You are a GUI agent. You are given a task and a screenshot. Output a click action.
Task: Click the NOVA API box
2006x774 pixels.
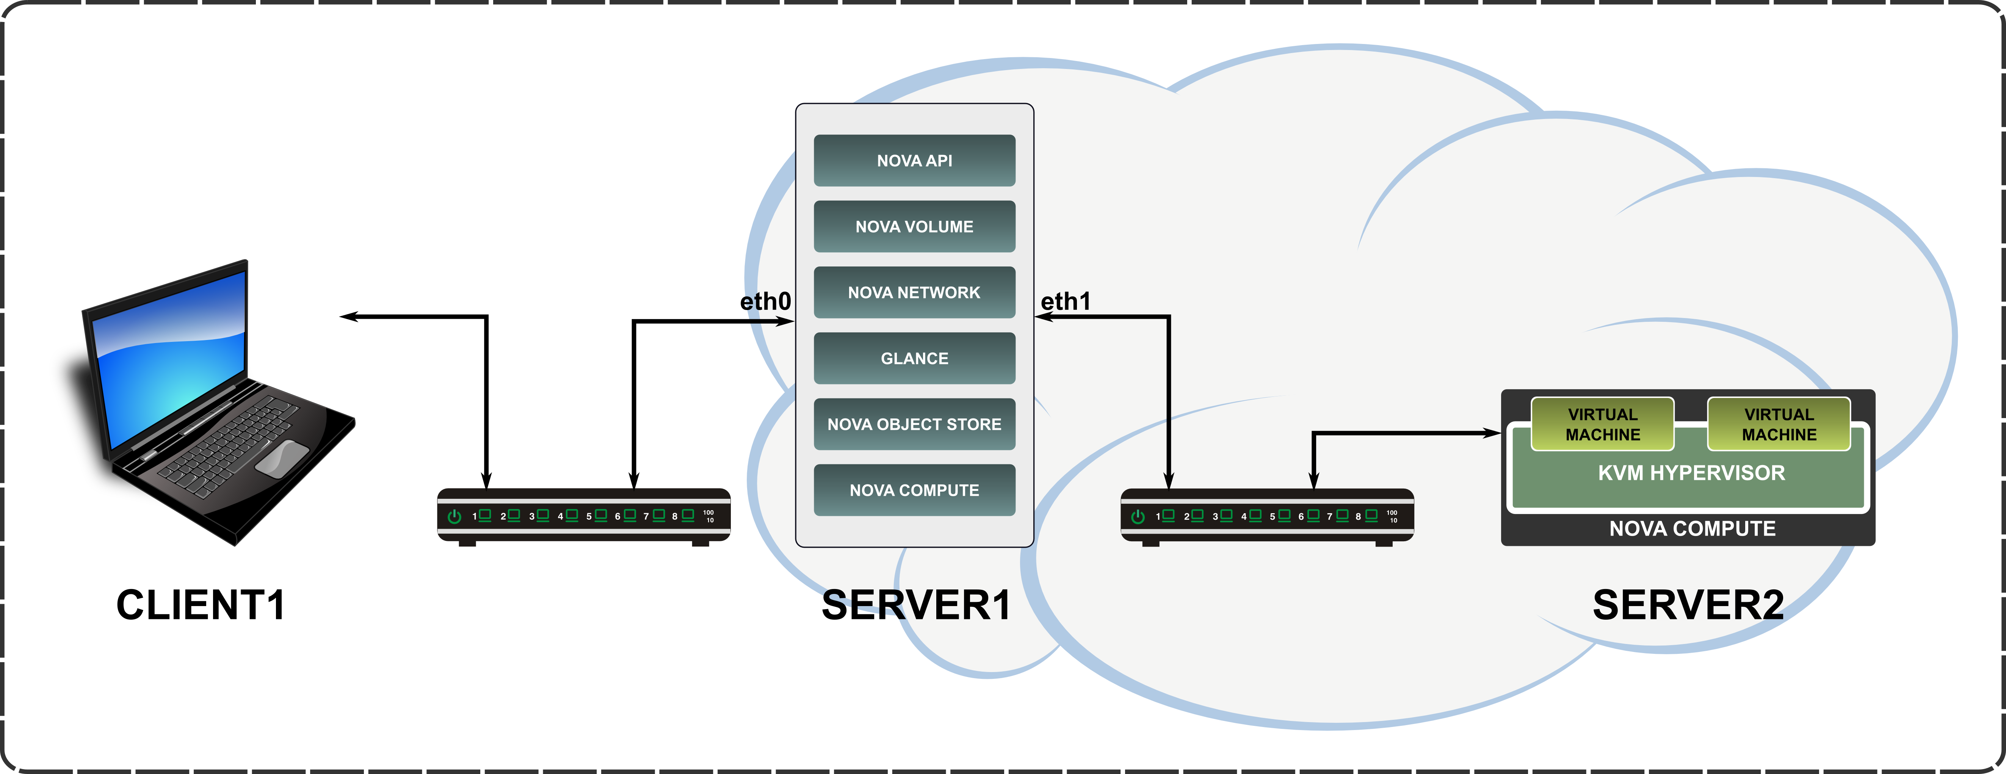pyautogui.click(x=914, y=160)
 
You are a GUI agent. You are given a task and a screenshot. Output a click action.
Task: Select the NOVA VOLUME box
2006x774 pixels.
pyautogui.click(x=914, y=227)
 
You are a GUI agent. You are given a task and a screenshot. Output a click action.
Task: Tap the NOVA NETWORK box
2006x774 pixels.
pyautogui.click(x=914, y=293)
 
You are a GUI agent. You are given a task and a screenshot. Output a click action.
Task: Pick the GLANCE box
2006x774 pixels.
pyautogui.click(x=914, y=358)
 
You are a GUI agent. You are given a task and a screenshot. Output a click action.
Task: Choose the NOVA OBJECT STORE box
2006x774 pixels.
pyautogui.click(x=914, y=425)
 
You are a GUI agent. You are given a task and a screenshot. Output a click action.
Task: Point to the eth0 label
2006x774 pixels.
pyautogui.click(x=765, y=301)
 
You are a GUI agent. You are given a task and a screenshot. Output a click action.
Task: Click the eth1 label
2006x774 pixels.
pyautogui.click(x=1065, y=301)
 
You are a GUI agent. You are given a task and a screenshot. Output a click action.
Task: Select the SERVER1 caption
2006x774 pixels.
pyautogui.click(x=916, y=605)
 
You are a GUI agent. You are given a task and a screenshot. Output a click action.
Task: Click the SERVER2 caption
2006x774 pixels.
pyautogui.click(x=1688, y=605)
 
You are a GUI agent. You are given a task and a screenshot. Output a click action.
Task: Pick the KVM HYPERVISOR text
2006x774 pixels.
pyautogui.click(x=1691, y=473)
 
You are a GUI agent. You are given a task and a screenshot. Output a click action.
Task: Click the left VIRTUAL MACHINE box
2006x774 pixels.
pyautogui.click(x=1603, y=425)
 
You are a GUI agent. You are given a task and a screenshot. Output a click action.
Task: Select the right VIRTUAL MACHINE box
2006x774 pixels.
pyautogui.click(x=1779, y=425)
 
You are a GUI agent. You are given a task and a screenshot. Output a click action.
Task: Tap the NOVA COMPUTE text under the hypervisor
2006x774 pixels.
pyautogui.click(x=1692, y=529)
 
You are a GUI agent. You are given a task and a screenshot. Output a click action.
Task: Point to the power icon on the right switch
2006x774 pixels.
pyautogui.click(x=1138, y=516)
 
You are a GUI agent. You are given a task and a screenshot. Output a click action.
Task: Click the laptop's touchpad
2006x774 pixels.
pyautogui.click(x=281, y=458)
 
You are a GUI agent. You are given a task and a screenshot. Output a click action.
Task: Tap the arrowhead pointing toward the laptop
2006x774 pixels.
pyautogui.click(x=348, y=316)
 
